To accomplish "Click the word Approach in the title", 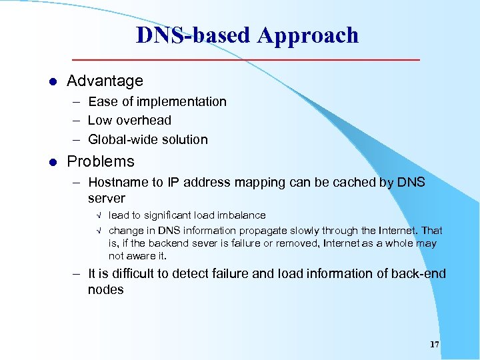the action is tap(308, 35).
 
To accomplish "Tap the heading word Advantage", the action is tap(105, 81).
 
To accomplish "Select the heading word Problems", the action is tap(101, 162).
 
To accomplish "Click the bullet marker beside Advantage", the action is tap(53, 82).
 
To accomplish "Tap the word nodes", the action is tap(105, 290).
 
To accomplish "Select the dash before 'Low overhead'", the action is tap(77, 121).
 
